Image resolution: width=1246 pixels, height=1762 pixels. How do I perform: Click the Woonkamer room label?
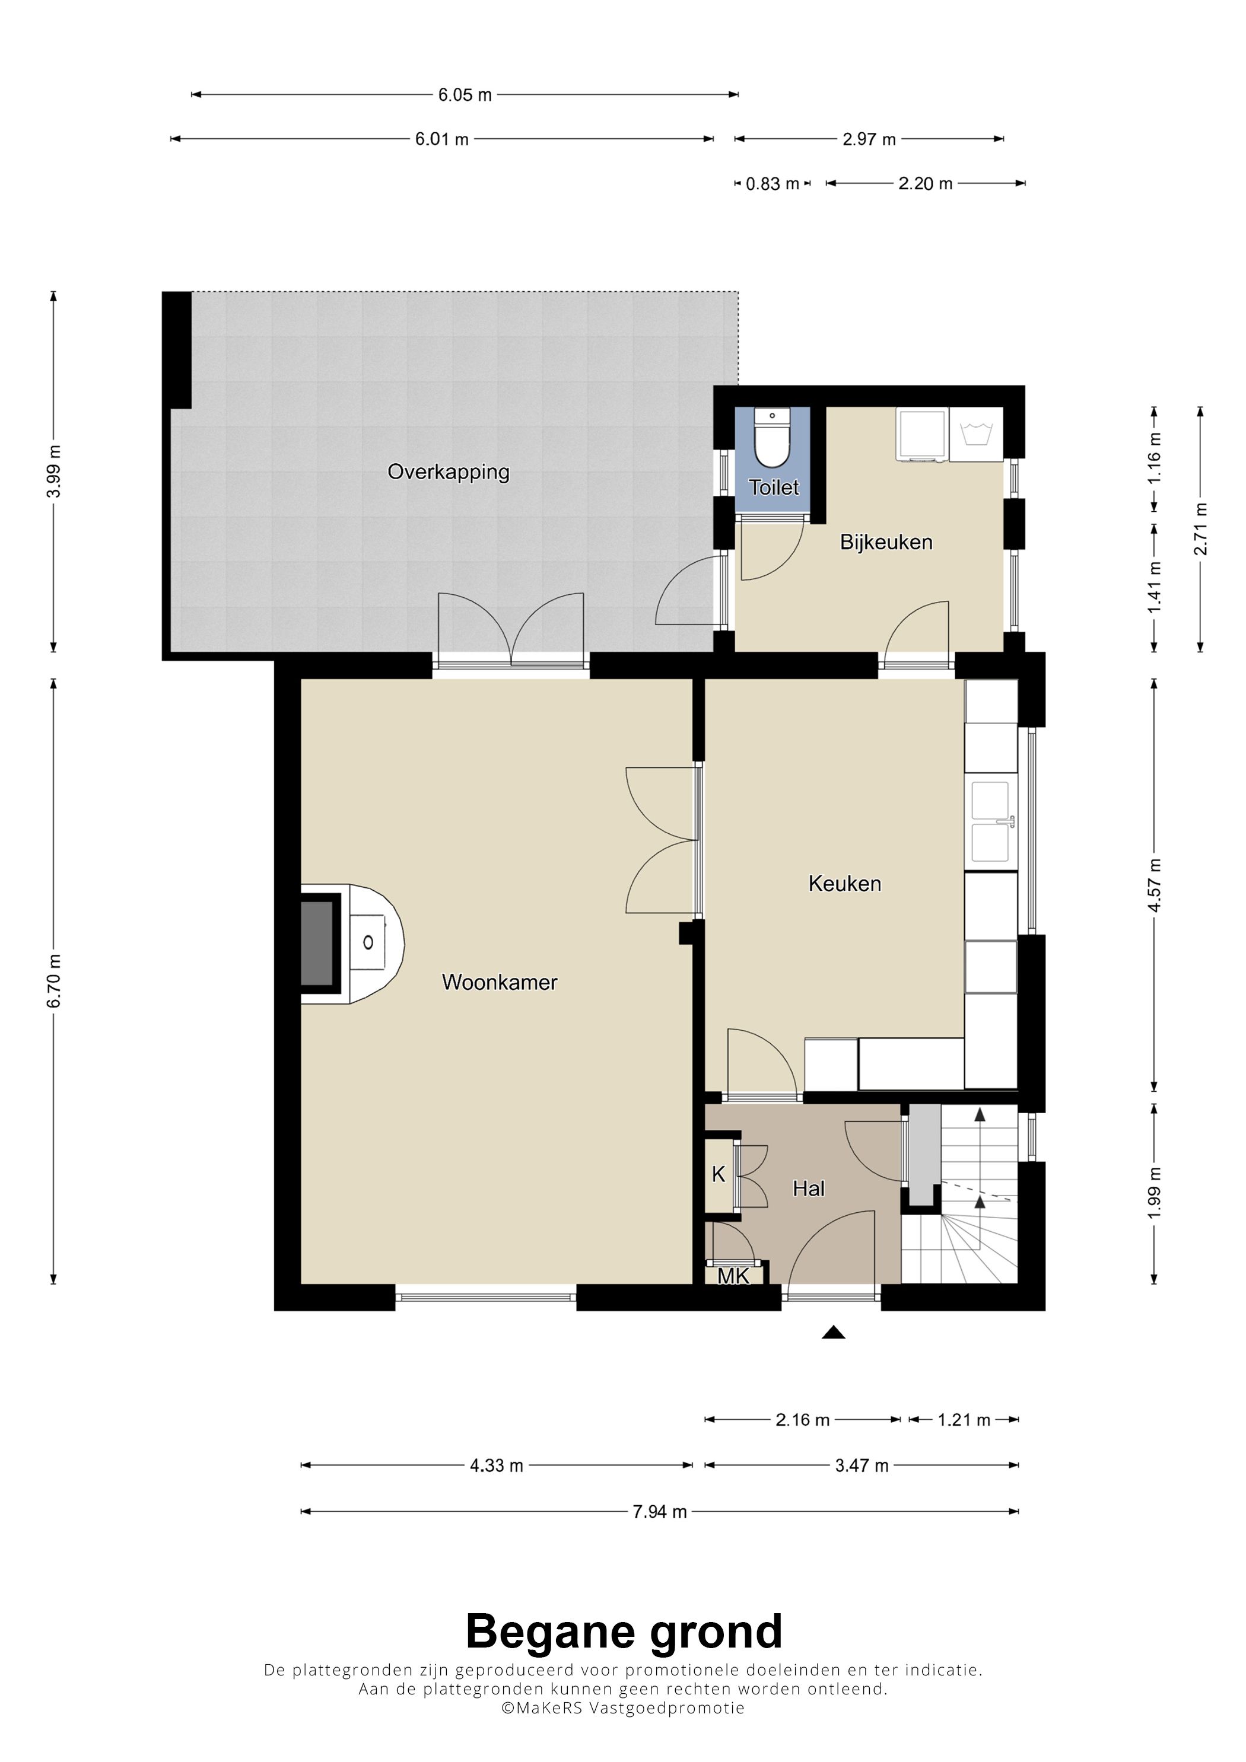pos(499,982)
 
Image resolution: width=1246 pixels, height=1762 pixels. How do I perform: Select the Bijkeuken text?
pos(886,542)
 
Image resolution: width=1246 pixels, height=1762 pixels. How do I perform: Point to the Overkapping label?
pos(449,472)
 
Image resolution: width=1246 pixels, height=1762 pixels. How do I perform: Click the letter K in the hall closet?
pos(719,1174)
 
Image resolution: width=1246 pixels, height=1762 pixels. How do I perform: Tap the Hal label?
pos(808,1189)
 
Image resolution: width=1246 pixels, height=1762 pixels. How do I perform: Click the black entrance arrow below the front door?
pos(833,1332)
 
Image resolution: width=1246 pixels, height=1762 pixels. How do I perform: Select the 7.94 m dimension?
pos(659,1512)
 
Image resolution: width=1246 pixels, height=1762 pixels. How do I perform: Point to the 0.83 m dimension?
pos(773,184)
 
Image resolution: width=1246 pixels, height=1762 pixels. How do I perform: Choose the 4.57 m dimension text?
pos(1154,885)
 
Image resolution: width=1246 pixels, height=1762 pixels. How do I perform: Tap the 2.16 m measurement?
pos(802,1420)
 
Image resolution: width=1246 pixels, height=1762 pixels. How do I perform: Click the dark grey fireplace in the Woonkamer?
pos(316,943)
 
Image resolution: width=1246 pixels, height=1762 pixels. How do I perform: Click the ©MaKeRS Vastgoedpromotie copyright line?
pos(622,1707)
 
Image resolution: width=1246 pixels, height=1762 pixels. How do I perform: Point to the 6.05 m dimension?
pos(465,95)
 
